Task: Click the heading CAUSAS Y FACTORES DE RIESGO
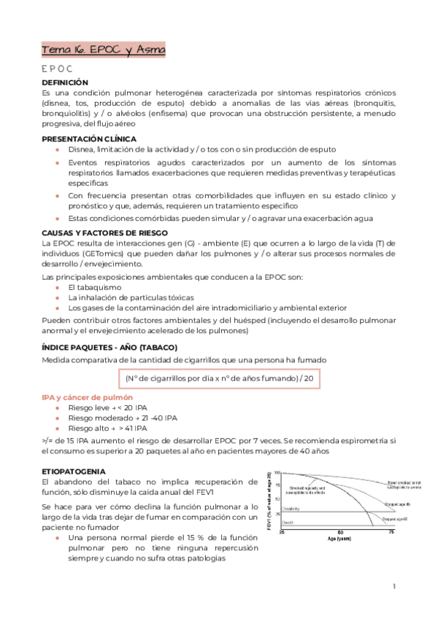point(104,232)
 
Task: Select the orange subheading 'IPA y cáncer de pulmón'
point(88,397)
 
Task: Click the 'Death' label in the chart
point(288,523)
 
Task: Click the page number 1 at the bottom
point(393,585)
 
